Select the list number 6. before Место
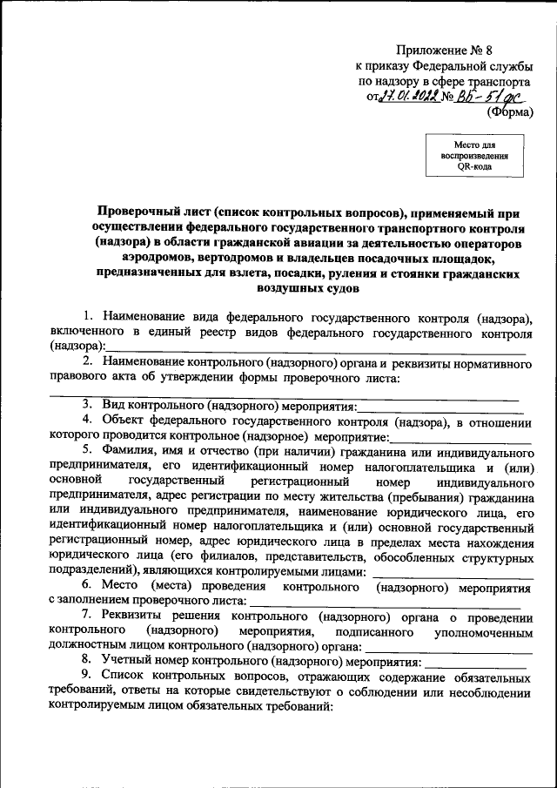pos(88,586)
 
